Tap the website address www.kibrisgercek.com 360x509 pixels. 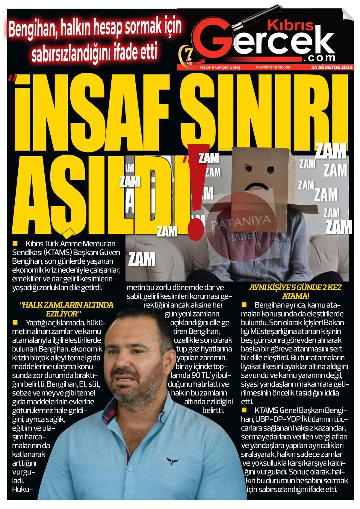coord(273,67)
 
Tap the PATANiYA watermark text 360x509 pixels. coord(240,221)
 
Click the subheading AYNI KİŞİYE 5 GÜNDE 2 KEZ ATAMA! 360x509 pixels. coord(295,291)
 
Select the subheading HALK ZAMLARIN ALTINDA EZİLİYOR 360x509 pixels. coord(66,309)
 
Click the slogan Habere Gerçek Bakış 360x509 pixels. coord(220,67)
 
